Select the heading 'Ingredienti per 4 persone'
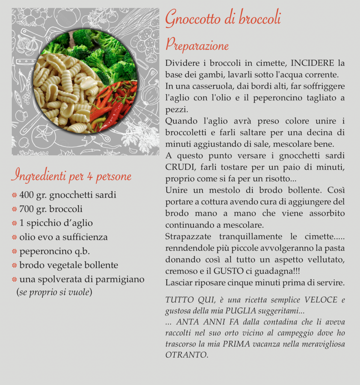(71, 176)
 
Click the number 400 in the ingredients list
(27, 195)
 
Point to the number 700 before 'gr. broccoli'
(27, 209)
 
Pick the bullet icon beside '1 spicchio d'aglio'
(14, 223)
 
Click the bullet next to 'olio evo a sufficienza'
(14, 237)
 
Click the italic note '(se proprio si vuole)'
(54, 292)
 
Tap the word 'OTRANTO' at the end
(186, 355)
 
